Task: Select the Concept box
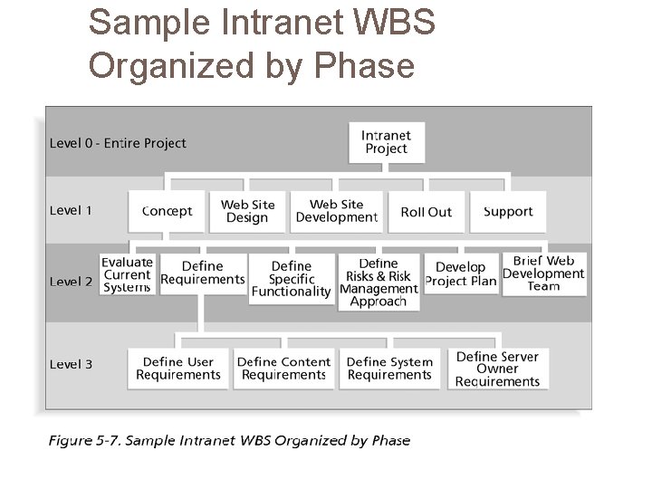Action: pos(167,211)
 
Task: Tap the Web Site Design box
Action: pos(247,211)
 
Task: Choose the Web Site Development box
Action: pos(336,211)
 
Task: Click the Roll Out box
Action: pos(426,211)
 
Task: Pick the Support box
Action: pos(508,211)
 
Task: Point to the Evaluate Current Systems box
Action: pos(127,274)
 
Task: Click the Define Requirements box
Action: pos(203,273)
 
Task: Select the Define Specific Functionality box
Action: pos(291,279)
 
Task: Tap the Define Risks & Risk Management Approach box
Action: pos(379,282)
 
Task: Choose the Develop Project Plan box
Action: pos(461,273)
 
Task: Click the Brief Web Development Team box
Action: pos(543,273)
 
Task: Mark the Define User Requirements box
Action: pos(178,369)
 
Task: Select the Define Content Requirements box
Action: pos(283,369)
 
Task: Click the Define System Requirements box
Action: pos(390,369)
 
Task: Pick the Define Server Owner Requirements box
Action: pos(497,369)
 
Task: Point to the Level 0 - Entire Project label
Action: pos(118,143)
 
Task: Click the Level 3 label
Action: pos(71,364)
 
